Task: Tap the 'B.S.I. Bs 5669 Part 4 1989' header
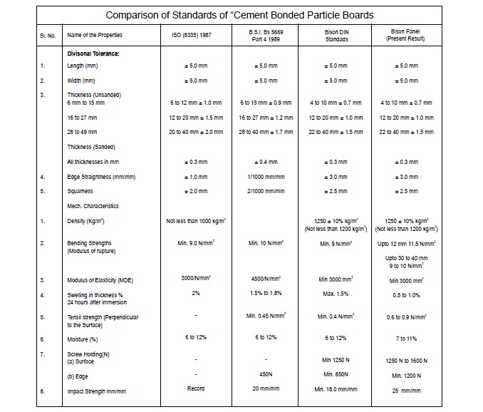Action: tap(266, 36)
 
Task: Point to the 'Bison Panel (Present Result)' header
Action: tap(405, 35)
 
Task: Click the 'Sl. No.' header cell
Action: tap(48, 36)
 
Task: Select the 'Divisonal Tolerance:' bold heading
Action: tap(93, 53)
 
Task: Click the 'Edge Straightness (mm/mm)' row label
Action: tap(101, 177)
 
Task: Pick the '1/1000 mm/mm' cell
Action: tap(266, 177)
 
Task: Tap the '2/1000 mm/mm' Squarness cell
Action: tap(266, 191)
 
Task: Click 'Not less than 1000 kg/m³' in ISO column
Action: tap(196, 221)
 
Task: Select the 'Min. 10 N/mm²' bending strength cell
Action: tap(266, 243)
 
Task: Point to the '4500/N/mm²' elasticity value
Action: tap(266, 279)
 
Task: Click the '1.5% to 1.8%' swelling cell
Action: tap(266, 293)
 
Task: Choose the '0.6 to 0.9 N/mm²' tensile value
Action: tap(407, 317)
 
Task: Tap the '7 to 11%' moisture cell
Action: tap(407, 339)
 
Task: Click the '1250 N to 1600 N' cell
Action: tap(407, 361)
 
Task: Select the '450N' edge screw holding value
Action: tap(266, 374)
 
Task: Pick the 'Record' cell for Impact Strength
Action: tap(196, 388)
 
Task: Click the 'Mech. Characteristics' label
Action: tap(93, 206)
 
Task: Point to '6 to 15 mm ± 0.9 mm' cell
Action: tap(266, 103)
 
